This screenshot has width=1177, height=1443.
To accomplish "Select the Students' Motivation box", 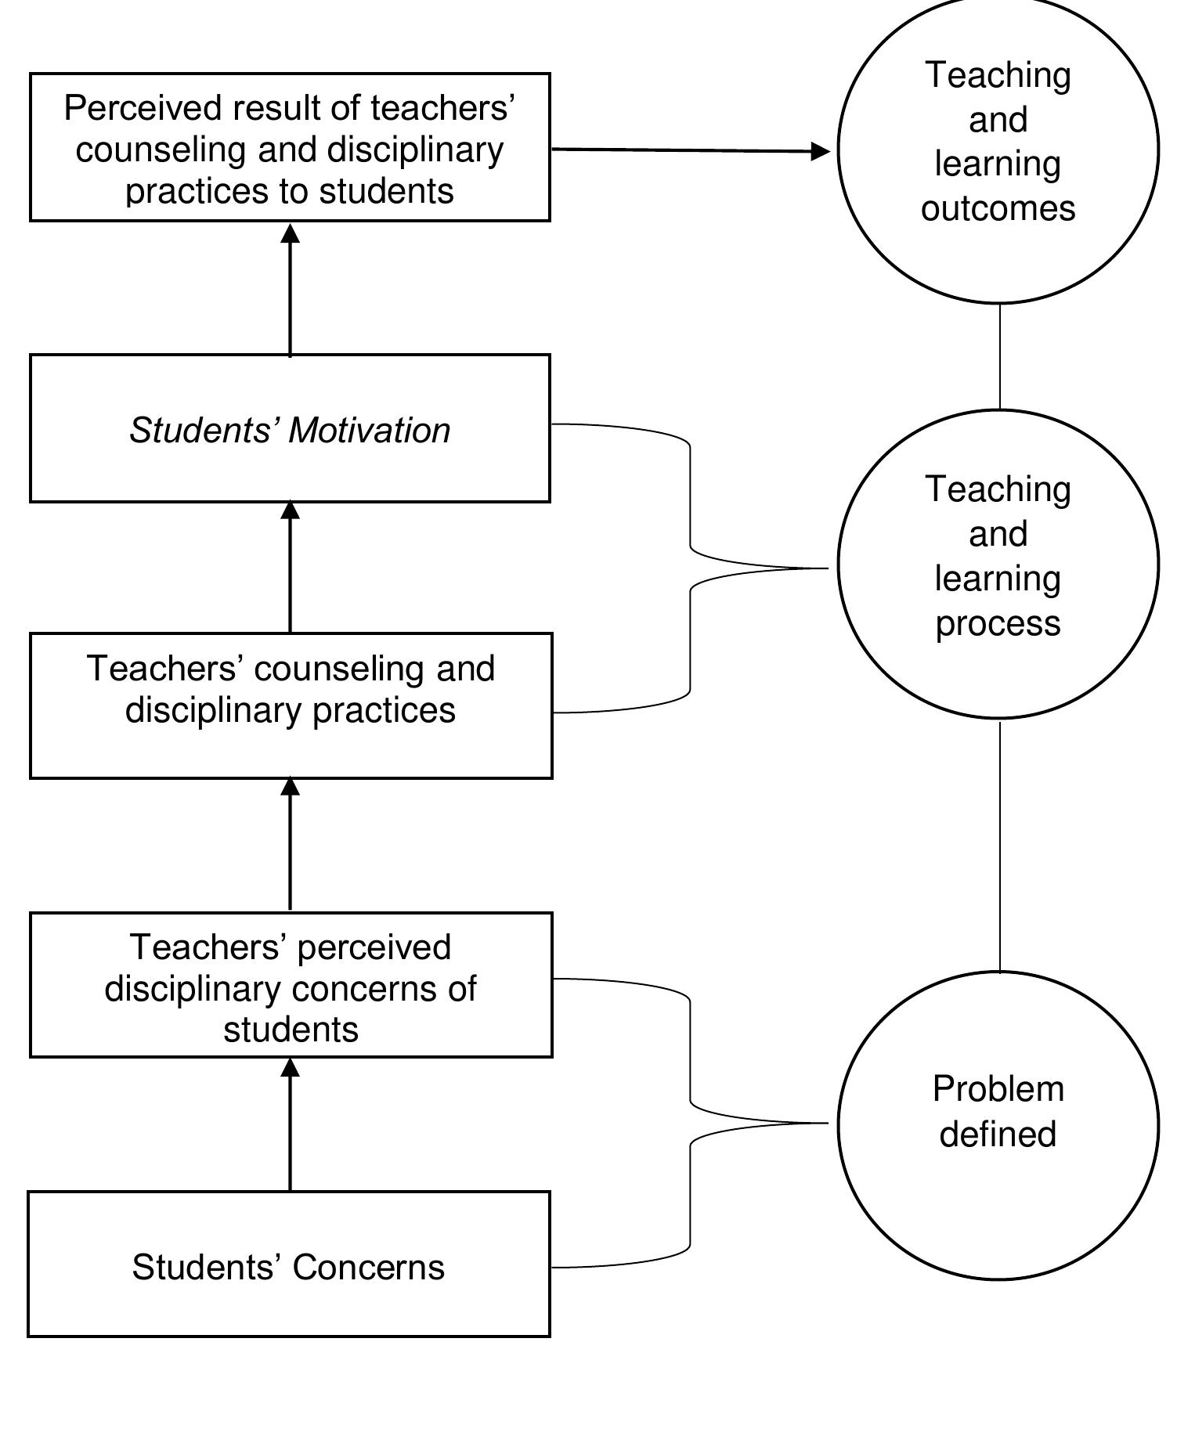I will click(290, 428).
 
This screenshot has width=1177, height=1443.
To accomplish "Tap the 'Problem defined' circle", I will click(998, 1125).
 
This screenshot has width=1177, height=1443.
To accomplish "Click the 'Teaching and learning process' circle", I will click(998, 564).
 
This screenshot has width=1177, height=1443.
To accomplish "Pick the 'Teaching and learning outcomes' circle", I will click(998, 149).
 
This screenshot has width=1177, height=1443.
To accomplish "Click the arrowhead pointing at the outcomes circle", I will click(821, 151).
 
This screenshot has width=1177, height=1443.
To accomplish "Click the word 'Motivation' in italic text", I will click(370, 431).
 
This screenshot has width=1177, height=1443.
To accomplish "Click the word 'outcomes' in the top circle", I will click(998, 208).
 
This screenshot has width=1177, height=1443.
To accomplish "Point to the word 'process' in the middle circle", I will click(998, 624).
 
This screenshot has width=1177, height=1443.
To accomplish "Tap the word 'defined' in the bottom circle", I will click(998, 1135).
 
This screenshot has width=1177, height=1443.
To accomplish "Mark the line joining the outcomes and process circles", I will click(999, 356).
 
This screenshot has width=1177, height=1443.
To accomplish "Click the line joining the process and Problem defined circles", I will click(999, 846).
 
